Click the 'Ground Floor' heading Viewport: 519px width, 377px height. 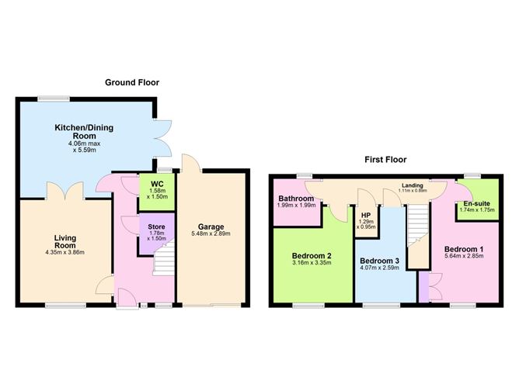tap(133, 81)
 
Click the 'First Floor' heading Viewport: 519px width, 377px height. tap(387, 159)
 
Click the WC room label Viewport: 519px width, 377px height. tap(157, 184)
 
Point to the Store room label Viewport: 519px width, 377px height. tap(157, 227)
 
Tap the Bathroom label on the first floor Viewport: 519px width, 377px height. tap(296, 199)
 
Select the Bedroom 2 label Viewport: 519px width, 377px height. tap(312, 255)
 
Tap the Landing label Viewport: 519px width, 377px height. tap(411, 185)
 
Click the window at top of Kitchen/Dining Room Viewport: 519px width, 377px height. tap(54, 98)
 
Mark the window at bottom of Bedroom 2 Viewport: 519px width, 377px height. tap(308, 305)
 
